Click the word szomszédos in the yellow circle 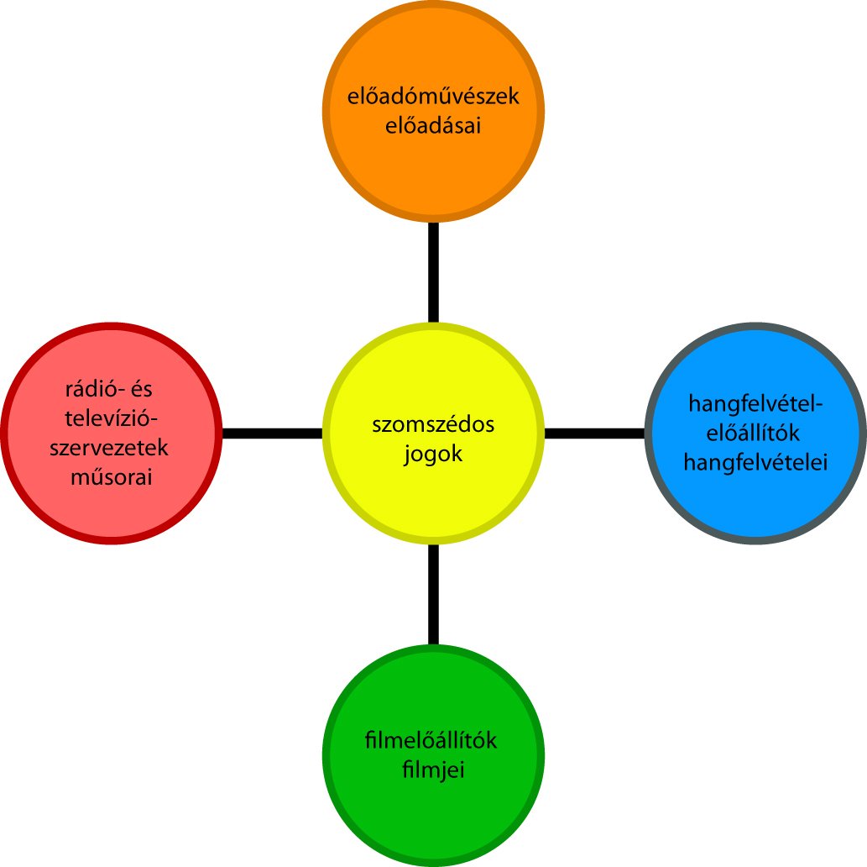point(433,425)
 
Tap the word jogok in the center point(433,455)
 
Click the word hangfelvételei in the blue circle point(755,462)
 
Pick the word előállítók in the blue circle point(755,433)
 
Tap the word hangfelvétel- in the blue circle point(755,404)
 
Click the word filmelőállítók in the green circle point(433,741)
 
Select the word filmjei point(433,770)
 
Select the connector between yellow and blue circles point(595,433)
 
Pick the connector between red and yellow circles point(272,433)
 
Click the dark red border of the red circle point(6,433)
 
